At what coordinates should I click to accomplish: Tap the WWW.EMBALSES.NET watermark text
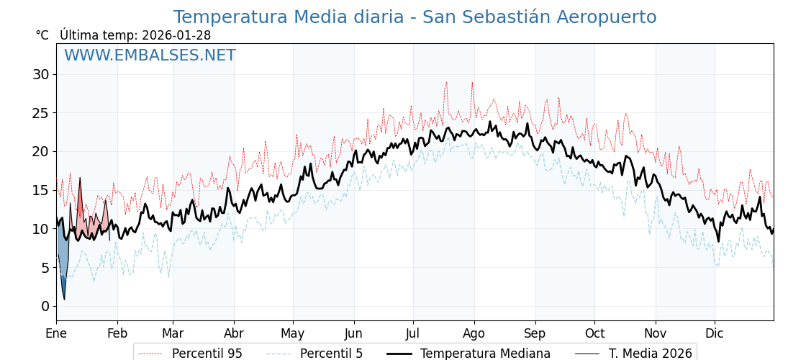pyautogui.click(x=150, y=55)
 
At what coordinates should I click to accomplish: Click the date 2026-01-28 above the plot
pyautogui.click(x=176, y=35)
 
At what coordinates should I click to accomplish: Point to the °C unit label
pyautogui.click(x=42, y=35)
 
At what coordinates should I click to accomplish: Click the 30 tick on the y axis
pyautogui.click(x=41, y=74)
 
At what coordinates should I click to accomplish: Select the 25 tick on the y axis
pyautogui.click(x=41, y=113)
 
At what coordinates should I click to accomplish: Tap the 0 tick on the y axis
pyautogui.click(x=45, y=306)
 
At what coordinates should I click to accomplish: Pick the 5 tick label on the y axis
pyautogui.click(x=45, y=267)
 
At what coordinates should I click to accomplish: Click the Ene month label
pyautogui.click(x=56, y=333)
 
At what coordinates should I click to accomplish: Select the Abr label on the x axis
pyautogui.click(x=234, y=333)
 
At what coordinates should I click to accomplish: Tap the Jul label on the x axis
pyautogui.click(x=413, y=333)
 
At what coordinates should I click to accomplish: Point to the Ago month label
pyautogui.click(x=474, y=333)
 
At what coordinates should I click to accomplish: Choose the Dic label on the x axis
pyautogui.click(x=715, y=333)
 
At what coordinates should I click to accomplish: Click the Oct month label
pyautogui.click(x=594, y=333)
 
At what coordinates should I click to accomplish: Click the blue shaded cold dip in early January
pyautogui.click(x=62, y=256)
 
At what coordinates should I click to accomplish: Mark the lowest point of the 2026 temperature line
pyautogui.click(x=64, y=300)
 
